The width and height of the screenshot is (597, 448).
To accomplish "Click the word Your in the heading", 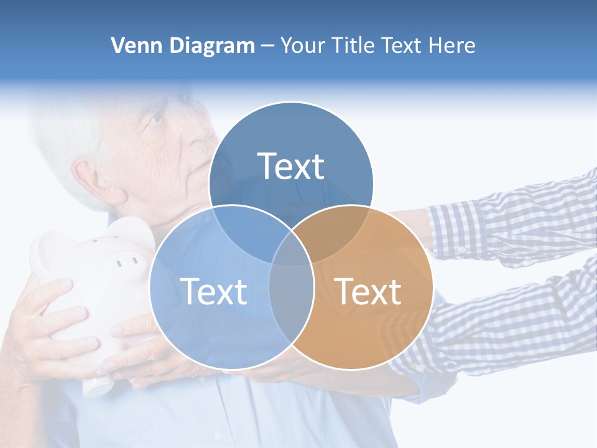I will tap(302, 45).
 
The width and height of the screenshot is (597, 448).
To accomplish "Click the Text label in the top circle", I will tap(291, 166).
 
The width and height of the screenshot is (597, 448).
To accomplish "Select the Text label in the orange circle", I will tap(368, 291).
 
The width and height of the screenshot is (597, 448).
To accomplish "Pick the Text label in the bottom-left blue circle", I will tap(213, 291).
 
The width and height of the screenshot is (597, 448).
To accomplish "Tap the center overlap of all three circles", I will tap(291, 246).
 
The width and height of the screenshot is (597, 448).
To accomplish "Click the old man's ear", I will tap(93, 180).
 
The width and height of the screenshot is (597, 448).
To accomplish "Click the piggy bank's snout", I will tap(127, 258).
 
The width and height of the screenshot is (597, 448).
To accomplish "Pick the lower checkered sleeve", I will tap(497, 330).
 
